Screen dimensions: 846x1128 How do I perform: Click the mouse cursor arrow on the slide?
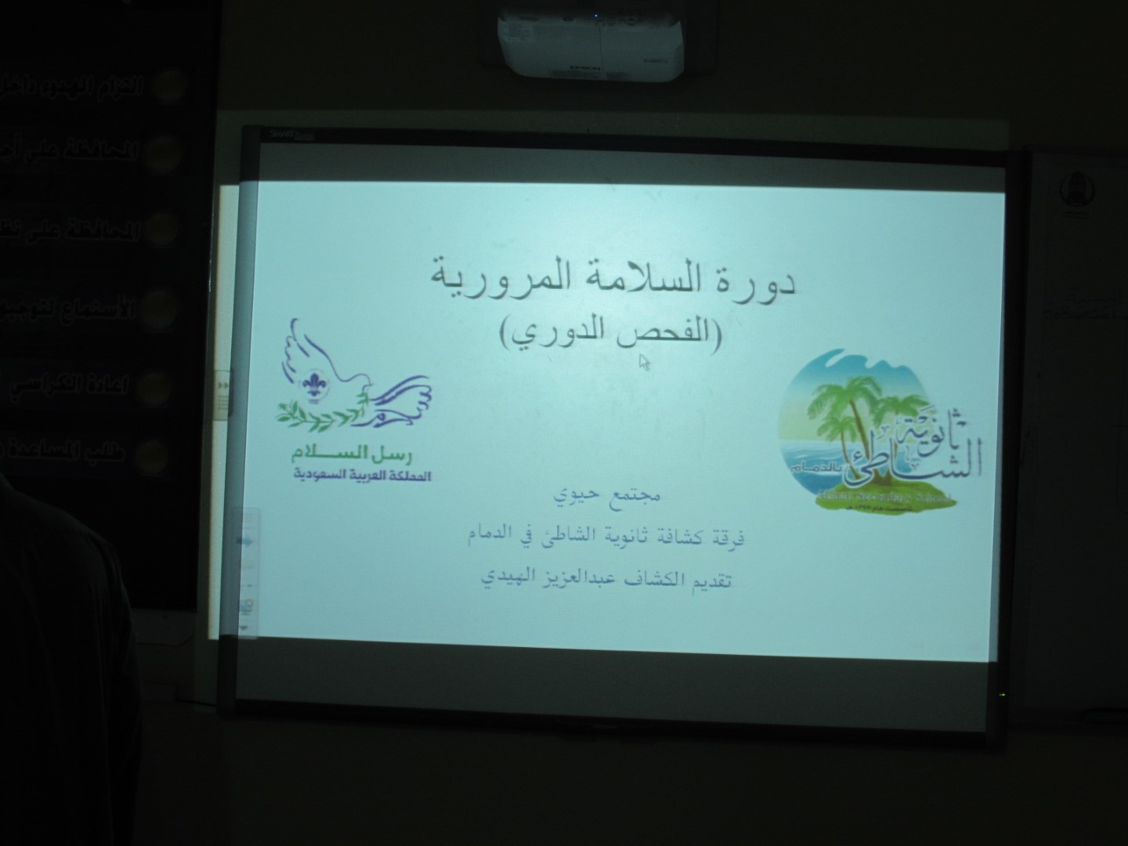point(644,361)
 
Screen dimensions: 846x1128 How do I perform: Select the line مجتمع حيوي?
point(608,496)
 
